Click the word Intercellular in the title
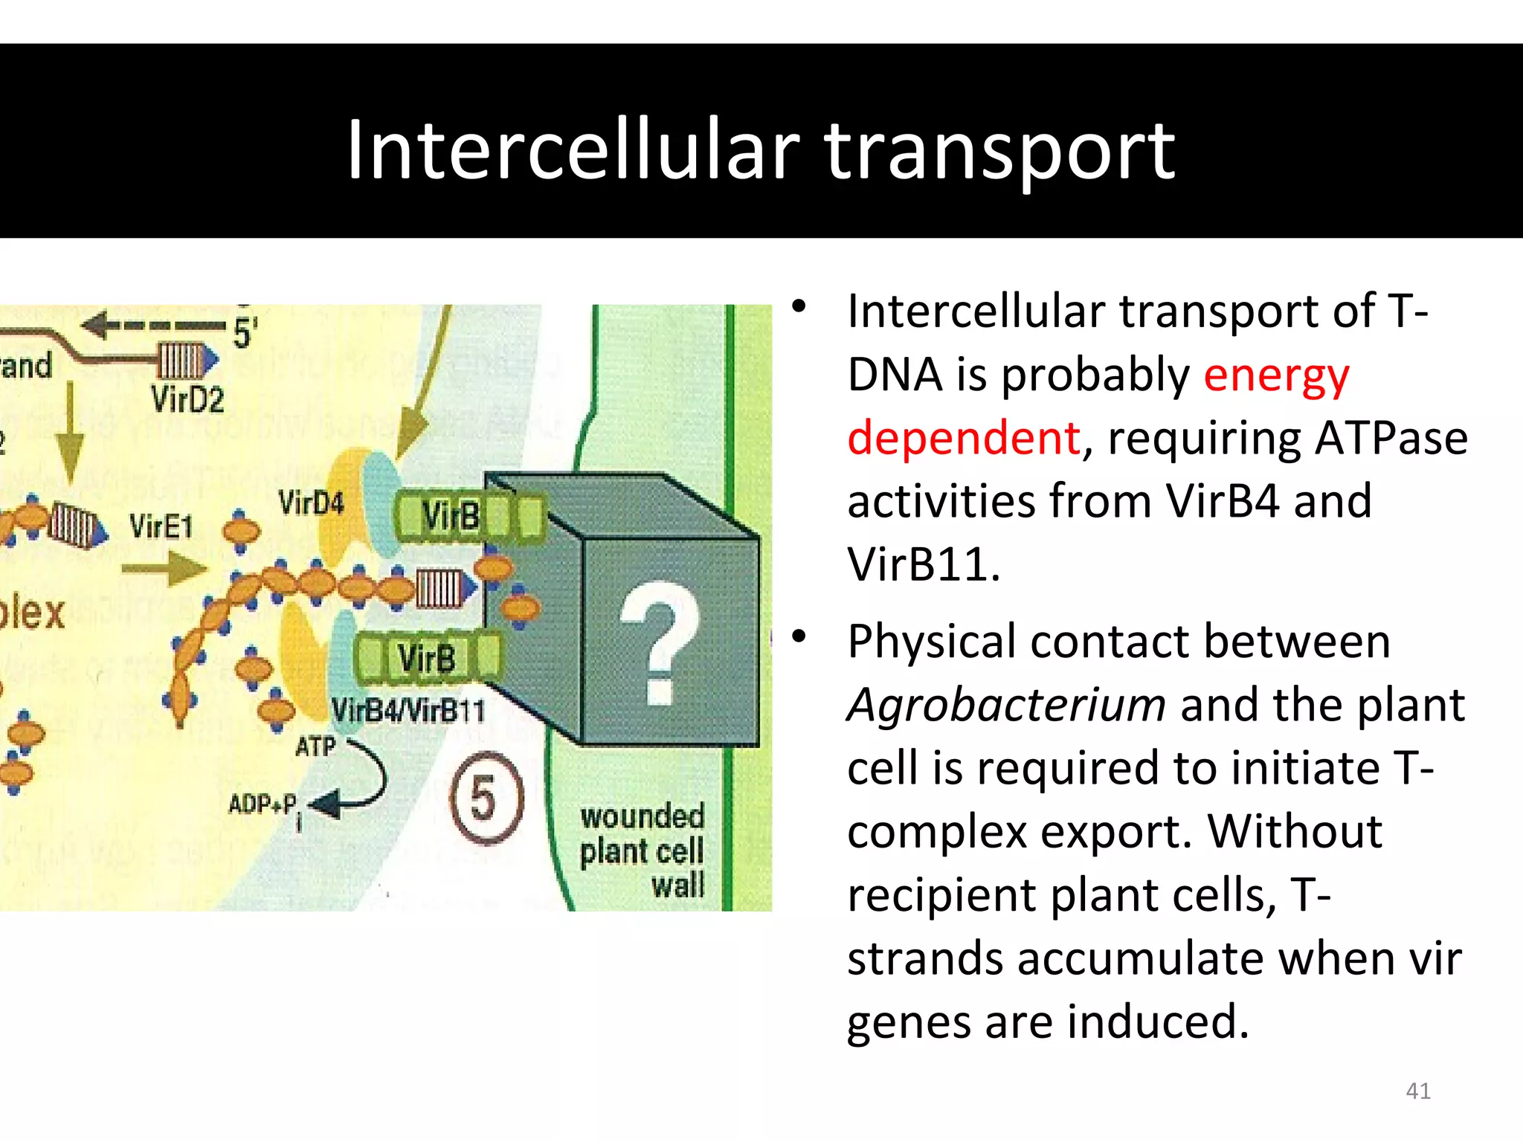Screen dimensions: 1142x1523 pyautogui.click(x=573, y=151)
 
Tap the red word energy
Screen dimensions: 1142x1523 pyautogui.click(x=1275, y=375)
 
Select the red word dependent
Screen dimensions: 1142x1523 pyautogui.click(x=964, y=437)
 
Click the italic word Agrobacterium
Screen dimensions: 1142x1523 pyautogui.click(x=1005, y=705)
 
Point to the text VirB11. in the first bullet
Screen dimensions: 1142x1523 pyautogui.click(x=923, y=564)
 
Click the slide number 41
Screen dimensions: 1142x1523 pyautogui.click(x=1417, y=1091)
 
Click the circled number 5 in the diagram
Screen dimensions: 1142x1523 pyautogui.click(x=485, y=798)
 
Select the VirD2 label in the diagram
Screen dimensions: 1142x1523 pyautogui.click(x=187, y=400)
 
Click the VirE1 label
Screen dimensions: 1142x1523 pyautogui.click(x=161, y=527)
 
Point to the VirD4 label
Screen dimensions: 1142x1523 pyautogui.click(x=311, y=503)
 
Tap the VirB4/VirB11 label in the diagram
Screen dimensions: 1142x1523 pyautogui.click(x=408, y=711)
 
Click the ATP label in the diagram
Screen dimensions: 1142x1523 pyautogui.click(x=315, y=746)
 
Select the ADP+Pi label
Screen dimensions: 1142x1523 pyautogui.click(x=264, y=805)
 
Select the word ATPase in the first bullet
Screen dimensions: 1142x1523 pyautogui.click(x=1391, y=438)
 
